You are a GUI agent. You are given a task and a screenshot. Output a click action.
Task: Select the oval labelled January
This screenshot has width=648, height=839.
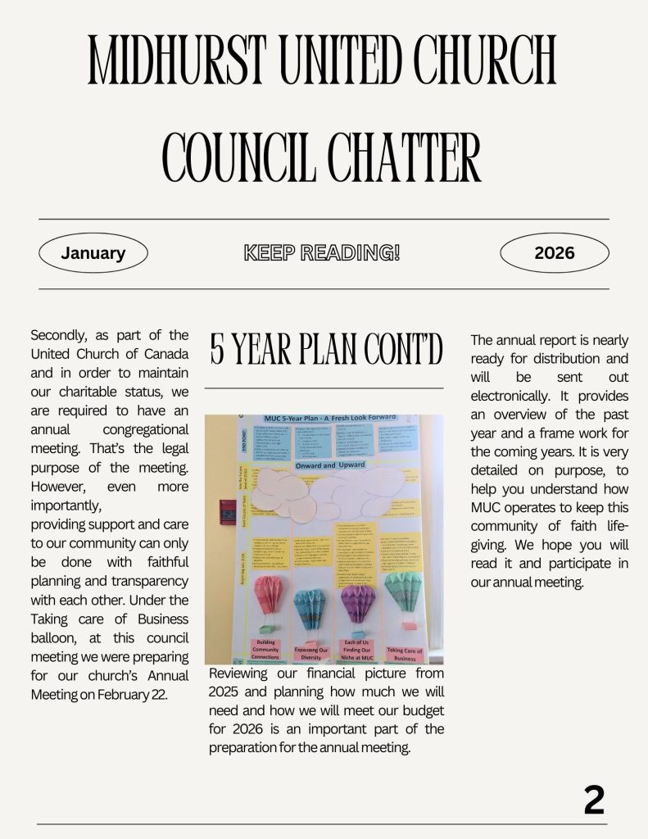tap(93, 253)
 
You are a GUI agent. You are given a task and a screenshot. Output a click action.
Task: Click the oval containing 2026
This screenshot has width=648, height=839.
tap(555, 253)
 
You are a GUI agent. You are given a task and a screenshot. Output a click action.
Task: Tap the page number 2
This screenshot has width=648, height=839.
tap(594, 800)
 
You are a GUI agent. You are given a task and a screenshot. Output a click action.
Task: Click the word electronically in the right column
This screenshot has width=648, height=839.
tap(509, 396)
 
